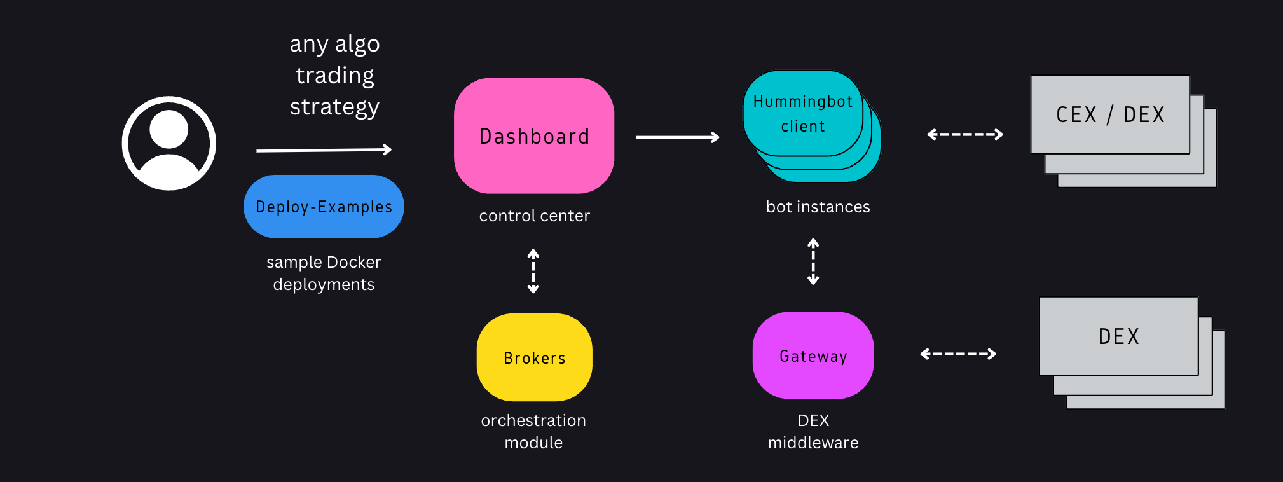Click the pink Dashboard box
tap(534, 136)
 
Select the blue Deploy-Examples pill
tap(324, 207)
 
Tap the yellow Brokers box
tap(534, 357)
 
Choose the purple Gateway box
tap(813, 356)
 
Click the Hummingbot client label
tap(803, 113)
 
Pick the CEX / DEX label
tap(1110, 114)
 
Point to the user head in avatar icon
tap(168, 129)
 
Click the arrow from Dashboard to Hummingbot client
tap(677, 137)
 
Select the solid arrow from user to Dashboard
tap(324, 150)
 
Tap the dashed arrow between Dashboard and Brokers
tap(533, 271)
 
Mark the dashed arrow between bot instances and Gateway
tap(813, 261)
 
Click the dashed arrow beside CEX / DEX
tap(965, 134)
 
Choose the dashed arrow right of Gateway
tap(958, 354)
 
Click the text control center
tap(534, 216)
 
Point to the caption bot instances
tap(818, 207)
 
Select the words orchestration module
tap(533, 431)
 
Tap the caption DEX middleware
tap(813, 431)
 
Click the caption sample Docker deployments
tap(324, 273)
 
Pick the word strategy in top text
tap(334, 107)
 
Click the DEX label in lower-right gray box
tap(1119, 336)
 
